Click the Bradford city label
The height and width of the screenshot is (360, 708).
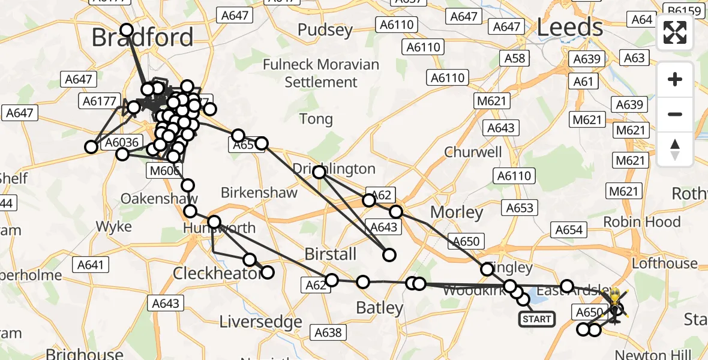pos(142,37)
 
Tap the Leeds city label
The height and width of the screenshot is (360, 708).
pos(569,27)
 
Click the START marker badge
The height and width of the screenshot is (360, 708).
pos(536,319)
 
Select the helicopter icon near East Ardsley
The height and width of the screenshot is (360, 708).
pos(616,303)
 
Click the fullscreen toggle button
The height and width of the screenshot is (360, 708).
pos(675,32)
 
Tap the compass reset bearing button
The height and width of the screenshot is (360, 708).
pos(675,149)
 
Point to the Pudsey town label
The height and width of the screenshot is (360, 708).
pos(325,30)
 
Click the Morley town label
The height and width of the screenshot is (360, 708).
pos(457,212)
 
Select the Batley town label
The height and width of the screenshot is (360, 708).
pos(380,308)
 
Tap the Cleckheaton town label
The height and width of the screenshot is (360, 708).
pos(218,274)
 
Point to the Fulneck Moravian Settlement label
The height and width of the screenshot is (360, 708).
pos(321,73)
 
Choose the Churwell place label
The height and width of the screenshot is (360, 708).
pos(473,152)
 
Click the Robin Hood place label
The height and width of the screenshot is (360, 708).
pos(641,222)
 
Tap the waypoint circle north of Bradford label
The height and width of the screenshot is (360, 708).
pos(127,30)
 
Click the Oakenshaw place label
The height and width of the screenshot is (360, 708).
pos(159,199)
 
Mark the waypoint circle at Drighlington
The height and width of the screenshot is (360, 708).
pos(319,173)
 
